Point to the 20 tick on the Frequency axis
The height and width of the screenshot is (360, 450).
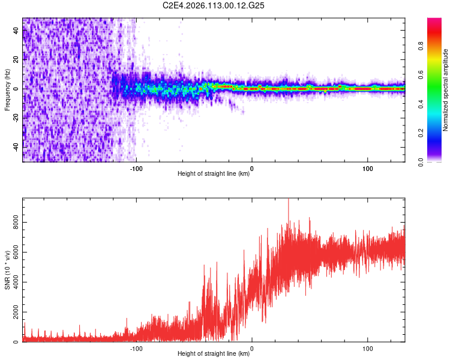click(x=23, y=60)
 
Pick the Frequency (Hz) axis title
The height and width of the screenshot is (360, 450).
click(x=7, y=90)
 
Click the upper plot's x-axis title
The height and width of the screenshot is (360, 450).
click(x=214, y=174)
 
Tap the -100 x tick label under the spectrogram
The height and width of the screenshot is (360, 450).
click(x=136, y=168)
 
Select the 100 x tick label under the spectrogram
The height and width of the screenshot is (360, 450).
click(x=367, y=168)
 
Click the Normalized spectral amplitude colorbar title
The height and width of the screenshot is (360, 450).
click(x=445, y=90)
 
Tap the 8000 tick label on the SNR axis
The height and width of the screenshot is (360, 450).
click(x=13, y=222)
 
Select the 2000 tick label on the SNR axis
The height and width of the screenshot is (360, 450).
click(x=13, y=312)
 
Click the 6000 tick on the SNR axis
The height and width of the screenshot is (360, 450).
click(x=23, y=252)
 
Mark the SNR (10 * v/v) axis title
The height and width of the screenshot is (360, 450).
click(x=7, y=270)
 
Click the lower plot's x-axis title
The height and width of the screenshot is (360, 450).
click(x=214, y=354)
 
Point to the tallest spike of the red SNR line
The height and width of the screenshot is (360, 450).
click(x=289, y=200)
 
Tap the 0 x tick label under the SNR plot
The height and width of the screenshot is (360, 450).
click(x=251, y=348)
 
